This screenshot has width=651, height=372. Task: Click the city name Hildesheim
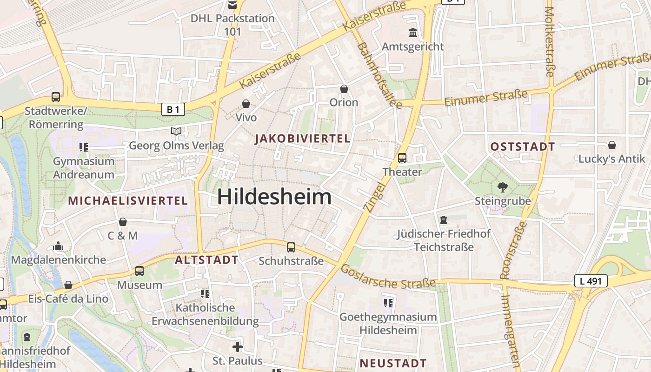click(274, 197)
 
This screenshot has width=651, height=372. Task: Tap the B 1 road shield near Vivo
click(173, 109)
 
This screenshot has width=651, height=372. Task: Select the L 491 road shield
click(591, 281)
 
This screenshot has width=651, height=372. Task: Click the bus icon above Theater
click(402, 158)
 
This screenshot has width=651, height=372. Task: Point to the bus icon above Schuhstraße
click(291, 247)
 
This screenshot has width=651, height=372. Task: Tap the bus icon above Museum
click(139, 271)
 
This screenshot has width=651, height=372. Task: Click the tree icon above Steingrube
click(503, 187)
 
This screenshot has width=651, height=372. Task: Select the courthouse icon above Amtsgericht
click(412, 33)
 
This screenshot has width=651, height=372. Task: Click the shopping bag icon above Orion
click(344, 89)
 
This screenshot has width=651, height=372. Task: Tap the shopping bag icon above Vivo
click(246, 104)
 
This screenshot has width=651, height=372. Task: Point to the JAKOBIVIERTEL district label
click(303, 139)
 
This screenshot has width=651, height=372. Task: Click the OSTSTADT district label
click(523, 147)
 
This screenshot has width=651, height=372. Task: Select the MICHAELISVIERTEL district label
click(128, 201)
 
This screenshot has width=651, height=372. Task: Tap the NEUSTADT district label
click(393, 363)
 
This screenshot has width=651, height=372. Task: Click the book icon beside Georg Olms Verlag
click(176, 132)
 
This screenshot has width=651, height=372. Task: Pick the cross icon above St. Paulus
click(238, 347)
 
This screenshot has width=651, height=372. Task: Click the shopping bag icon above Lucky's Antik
click(612, 145)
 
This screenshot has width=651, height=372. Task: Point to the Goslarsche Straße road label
click(388, 277)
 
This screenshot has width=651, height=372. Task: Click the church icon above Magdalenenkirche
click(59, 246)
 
